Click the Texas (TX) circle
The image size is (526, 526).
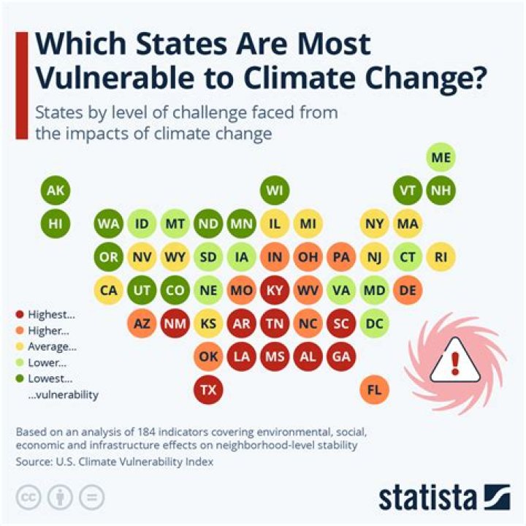[x=208, y=390]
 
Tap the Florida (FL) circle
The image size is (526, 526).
[x=374, y=390]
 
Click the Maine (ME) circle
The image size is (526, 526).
[x=441, y=157]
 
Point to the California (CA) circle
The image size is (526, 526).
[x=109, y=290]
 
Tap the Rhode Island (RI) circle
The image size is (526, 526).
[x=441, y=257]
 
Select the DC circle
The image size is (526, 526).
[x=374, y=323]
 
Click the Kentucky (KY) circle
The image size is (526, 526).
[x=275, y=290]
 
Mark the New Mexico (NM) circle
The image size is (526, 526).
[x=175, y=323]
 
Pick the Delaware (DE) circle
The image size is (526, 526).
[x=408, y=290]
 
